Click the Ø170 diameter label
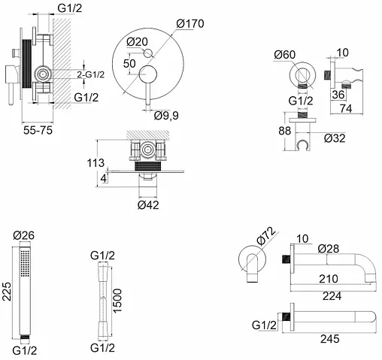click(190, 24)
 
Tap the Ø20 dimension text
click(137, 42)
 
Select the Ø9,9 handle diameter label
click(166, 116)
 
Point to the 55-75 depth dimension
click(38, 130)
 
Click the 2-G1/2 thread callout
click(90, 74)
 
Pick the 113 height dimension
click(95, 163)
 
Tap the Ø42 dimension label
click(148, 205)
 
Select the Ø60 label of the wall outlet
click(285, 55)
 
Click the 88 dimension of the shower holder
click(285, 131)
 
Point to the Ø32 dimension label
click(335, 138)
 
